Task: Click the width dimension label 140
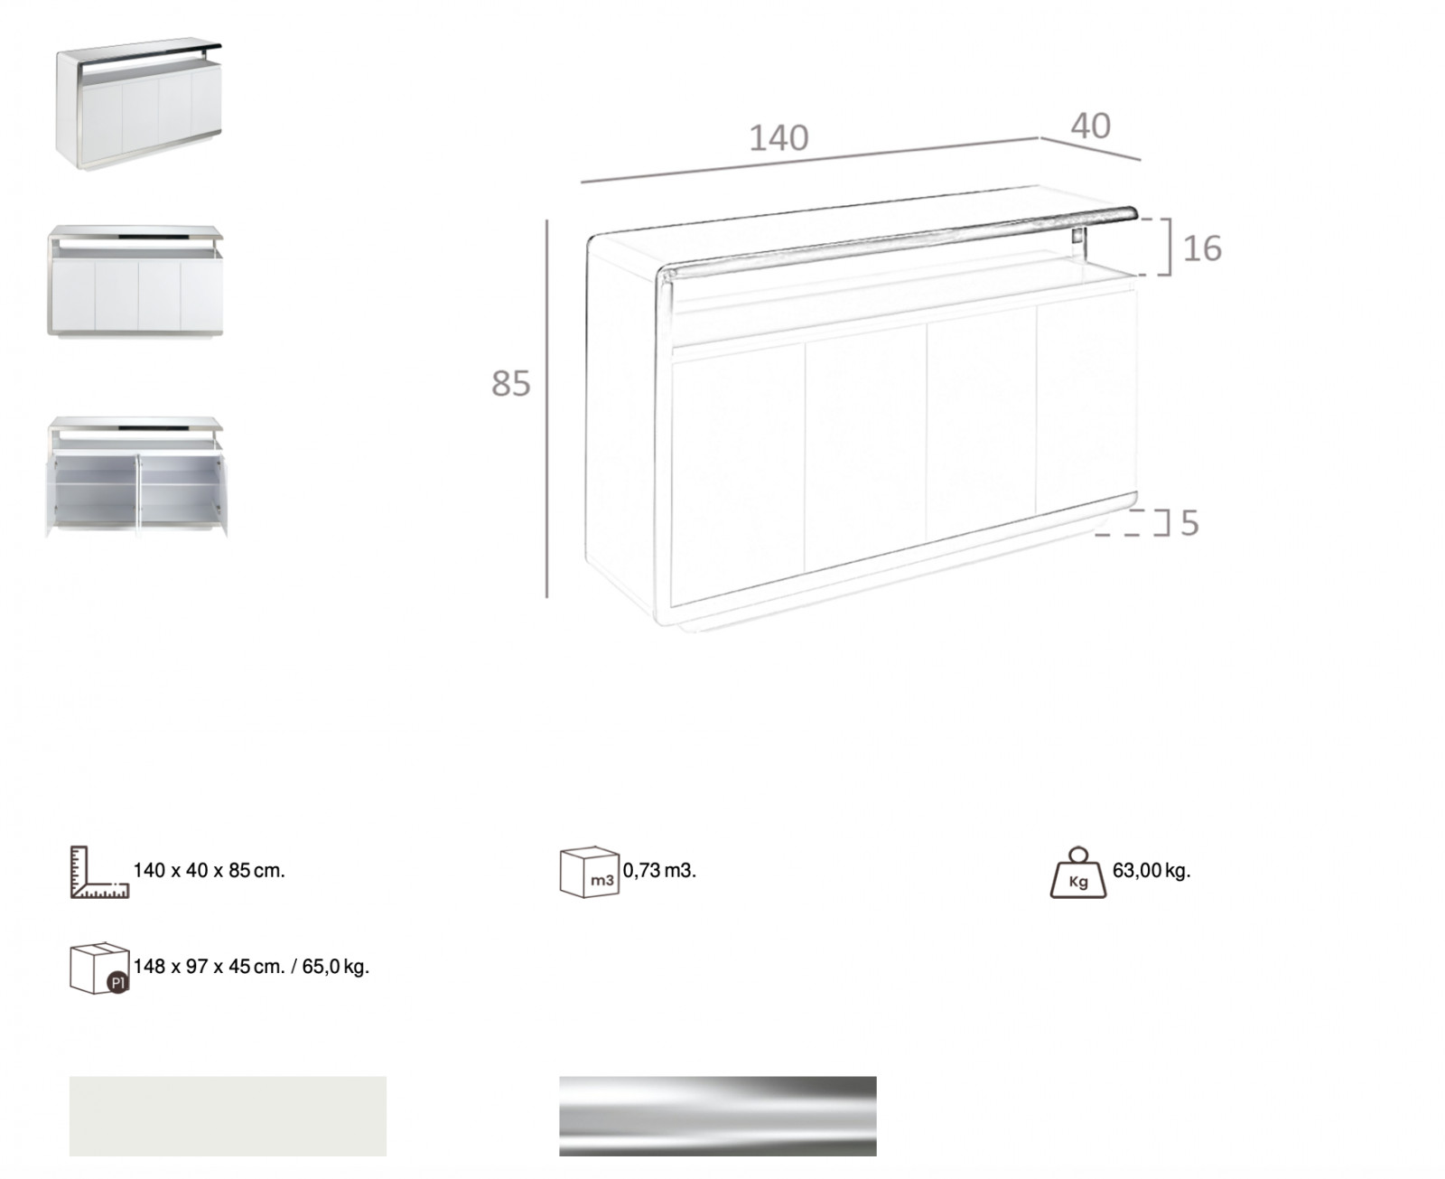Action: (778, 138)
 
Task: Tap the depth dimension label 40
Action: (1090, 126)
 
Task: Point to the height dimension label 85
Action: (510, 384)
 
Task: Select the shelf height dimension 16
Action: (1202, 248)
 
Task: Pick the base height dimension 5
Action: (1189, 523)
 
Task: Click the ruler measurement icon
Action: (99, 872)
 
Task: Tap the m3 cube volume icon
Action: (589, 872)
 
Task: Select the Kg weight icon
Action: (1078, 872)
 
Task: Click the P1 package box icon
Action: (99, 968)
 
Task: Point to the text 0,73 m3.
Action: (659, 871)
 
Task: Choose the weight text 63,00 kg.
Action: (1151, 871)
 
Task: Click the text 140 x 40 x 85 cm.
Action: (209, 871)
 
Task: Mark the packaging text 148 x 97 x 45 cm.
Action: (209, 967)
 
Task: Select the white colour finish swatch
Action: (228, 1116)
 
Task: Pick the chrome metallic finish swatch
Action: (717, 1116)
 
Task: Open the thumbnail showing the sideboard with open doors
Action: (135, 477)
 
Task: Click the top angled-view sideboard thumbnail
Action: (139, 104)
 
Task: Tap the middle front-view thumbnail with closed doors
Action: (135, 281)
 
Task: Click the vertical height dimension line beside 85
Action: (546, 408)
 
